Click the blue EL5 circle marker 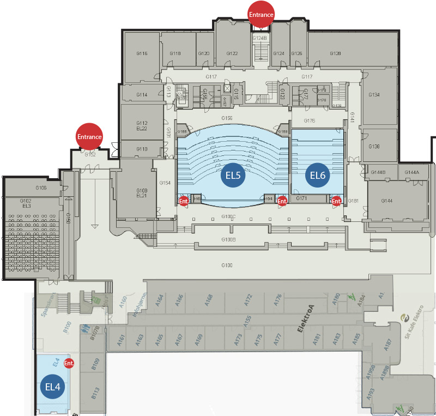(233, 175)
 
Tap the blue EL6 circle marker (318, 175)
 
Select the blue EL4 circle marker (55, 387)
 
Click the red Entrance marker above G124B (261, 15)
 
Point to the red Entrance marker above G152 (89, 137)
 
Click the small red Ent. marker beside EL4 (69, 363)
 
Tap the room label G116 (142, 53)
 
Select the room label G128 (336, 53)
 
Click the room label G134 (374, 95)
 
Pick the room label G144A (413, 172)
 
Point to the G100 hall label (227, 265)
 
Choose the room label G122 (232, 53)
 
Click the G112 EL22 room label (142, 125)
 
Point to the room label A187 (388, 344)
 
